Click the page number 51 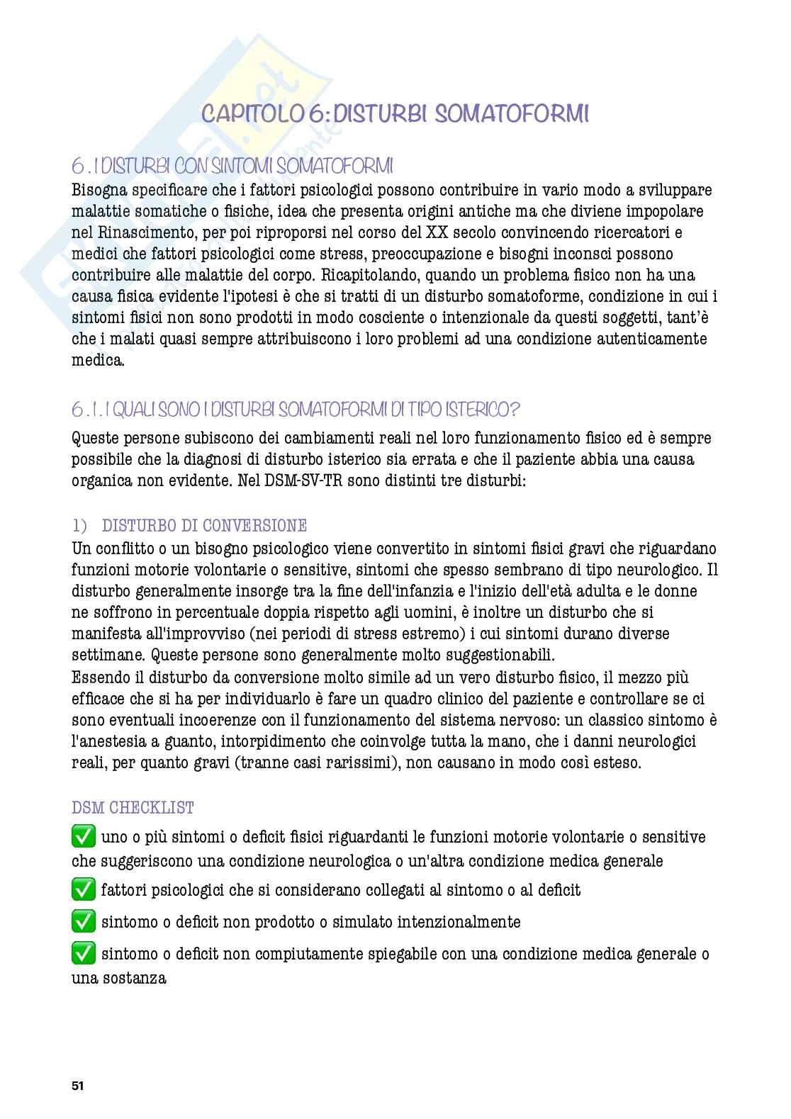point(77,1085)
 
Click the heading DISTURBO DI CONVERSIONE point(204,525)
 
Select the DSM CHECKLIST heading point(133,807)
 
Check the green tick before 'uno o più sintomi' point(84,837)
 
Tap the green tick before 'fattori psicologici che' point(84,889)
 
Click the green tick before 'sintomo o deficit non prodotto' point(84,921)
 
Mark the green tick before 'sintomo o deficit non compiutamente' point(84,954)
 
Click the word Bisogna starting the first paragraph point(103,190)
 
